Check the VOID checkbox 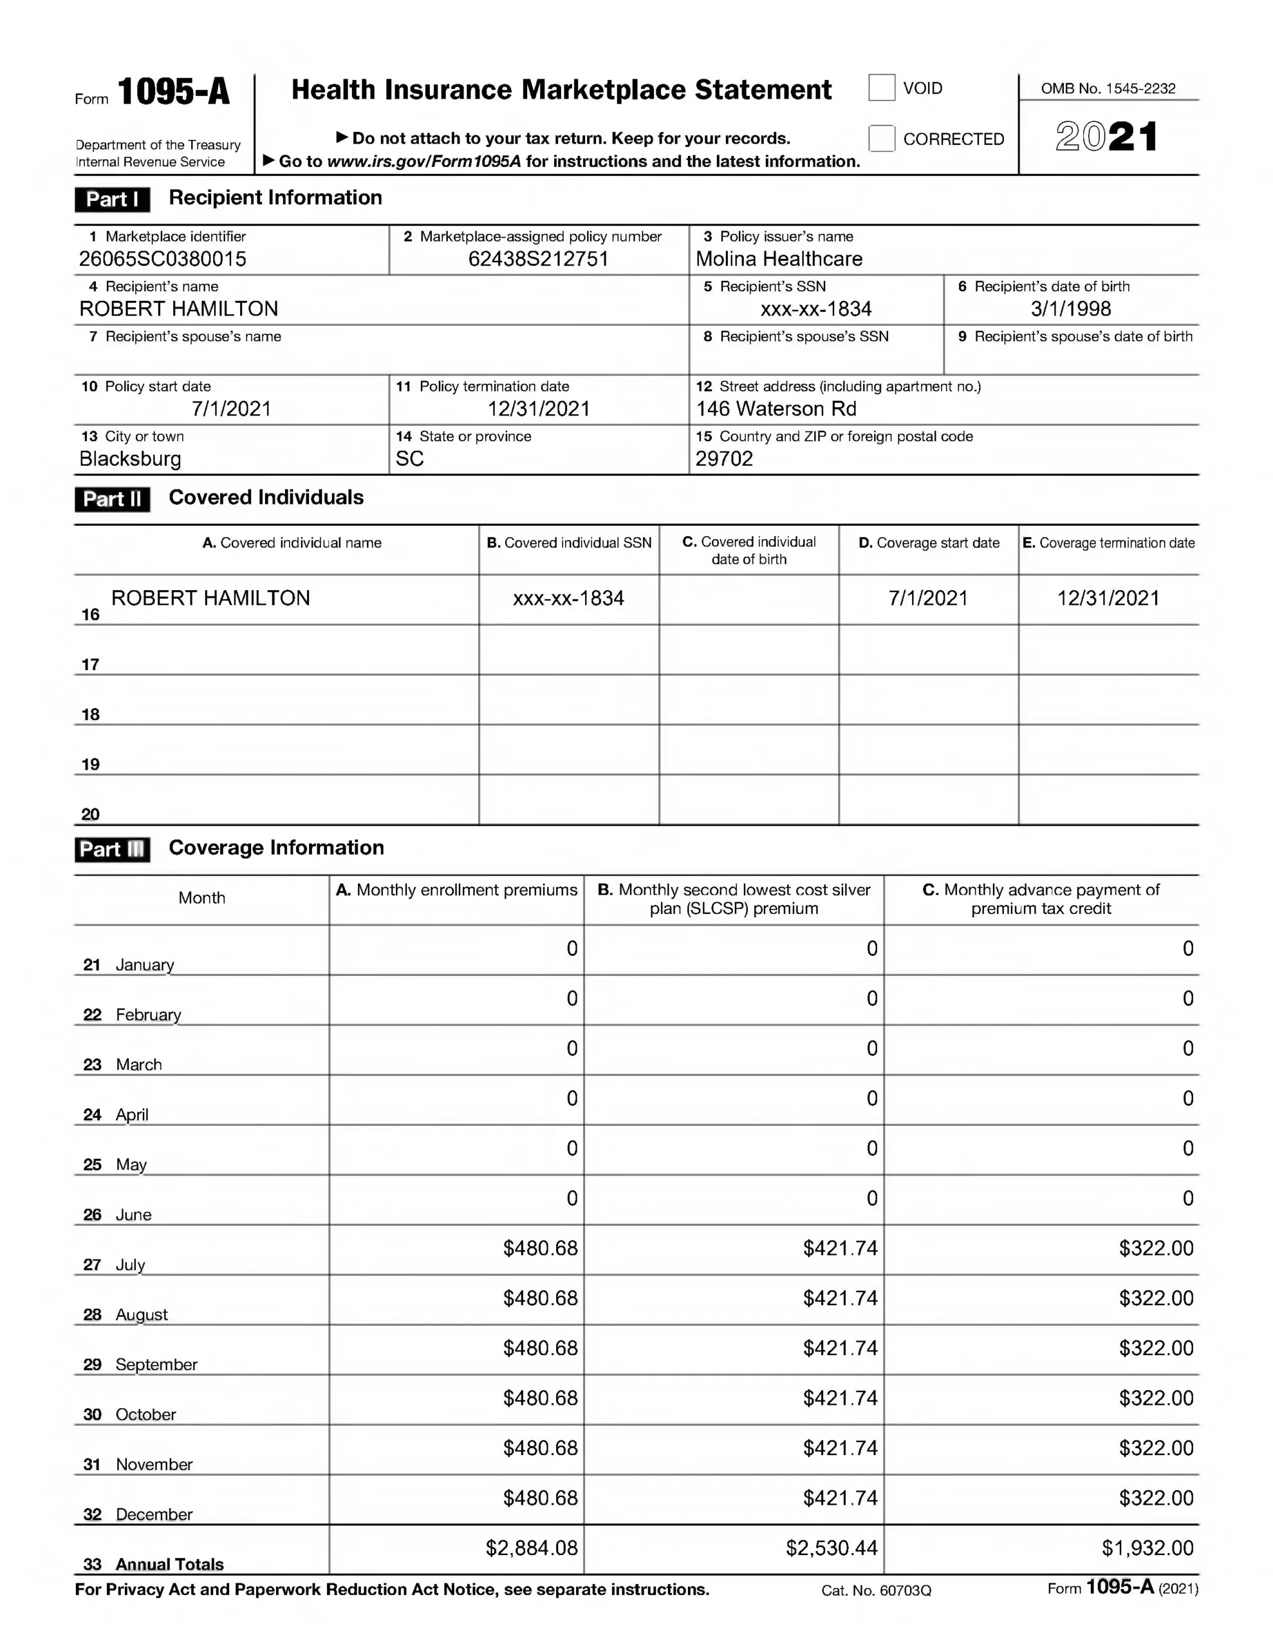point(881,88)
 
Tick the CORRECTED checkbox point(881,138)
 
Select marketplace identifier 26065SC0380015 point(162,259)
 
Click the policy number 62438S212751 point(538,259)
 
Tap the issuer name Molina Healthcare point(779,259)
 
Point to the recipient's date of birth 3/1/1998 point(1071,309)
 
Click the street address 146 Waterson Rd point(776,408)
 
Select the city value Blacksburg point(130,459)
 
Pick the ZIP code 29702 point(723,459)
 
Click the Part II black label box point(113,499)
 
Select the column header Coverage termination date point(1108,543)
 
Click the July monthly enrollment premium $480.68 point(541,1248)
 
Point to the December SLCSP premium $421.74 point(840,1498)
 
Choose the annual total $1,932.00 point(1147,1548)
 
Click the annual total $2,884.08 point(531,1548)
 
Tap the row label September point(156,1364)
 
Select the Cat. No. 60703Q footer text point(876,1590)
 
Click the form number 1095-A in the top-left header point(174,92)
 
